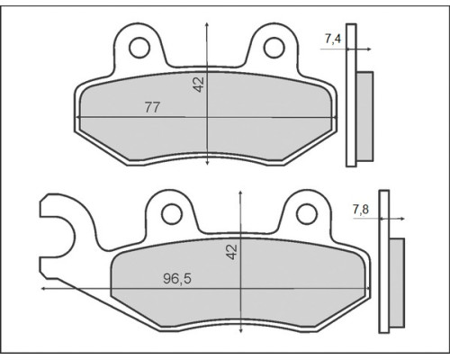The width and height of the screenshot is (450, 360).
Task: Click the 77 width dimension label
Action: coord(152,107)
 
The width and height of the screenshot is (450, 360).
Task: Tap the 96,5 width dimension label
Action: coord(177,279)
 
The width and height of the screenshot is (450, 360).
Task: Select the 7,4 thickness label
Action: coord(333,39)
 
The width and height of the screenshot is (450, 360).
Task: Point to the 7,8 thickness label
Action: coord(361,209)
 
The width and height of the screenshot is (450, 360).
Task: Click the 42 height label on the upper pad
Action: coord(198,85)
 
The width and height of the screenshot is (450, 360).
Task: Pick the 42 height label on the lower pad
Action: coord(231,251)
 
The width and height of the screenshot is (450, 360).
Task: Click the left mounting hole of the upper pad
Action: coord(139,48)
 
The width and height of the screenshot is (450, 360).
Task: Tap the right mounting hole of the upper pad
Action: coord(274,48)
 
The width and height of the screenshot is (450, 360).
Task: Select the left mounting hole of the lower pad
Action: coord(172,214)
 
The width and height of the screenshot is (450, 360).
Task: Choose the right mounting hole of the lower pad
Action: coord(307,214)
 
